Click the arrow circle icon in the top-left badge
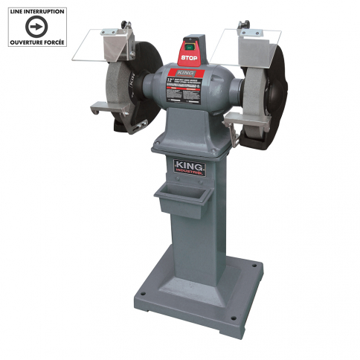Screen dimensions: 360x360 coord(35,27)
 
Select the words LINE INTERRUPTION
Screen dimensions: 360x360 coord(35,11)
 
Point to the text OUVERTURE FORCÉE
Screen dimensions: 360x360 coord(35,43)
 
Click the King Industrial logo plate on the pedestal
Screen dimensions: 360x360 coord(190,166)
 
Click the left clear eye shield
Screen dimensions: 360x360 coord(97,44)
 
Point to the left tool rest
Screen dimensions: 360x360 coord(109,109)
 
